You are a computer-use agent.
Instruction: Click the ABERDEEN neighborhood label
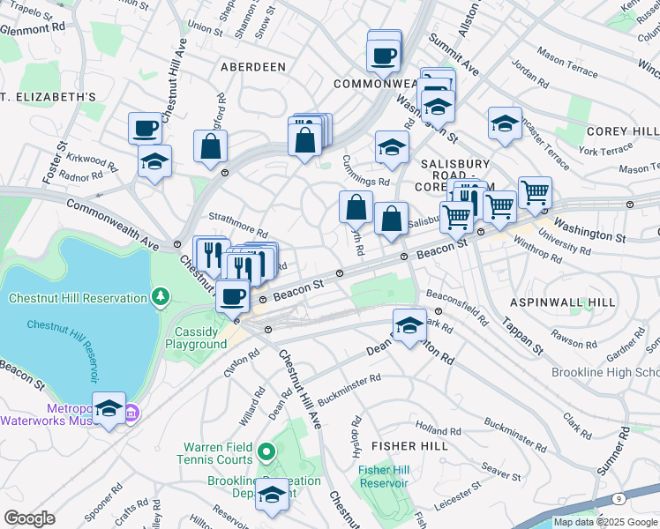[x=253, y=67]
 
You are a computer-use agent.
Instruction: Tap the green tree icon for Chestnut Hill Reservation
[x=161, y=296]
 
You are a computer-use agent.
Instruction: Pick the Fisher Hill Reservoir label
[x=383, y=476]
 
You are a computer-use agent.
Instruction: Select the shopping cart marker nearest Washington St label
[x=535, y=193]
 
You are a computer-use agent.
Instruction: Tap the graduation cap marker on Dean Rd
[x=409, y=325]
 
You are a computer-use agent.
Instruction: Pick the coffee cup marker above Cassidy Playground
[x=233, y=297]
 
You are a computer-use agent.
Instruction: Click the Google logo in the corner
[x=28, y=518]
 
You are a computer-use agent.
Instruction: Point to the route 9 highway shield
[x=619, y=499]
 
